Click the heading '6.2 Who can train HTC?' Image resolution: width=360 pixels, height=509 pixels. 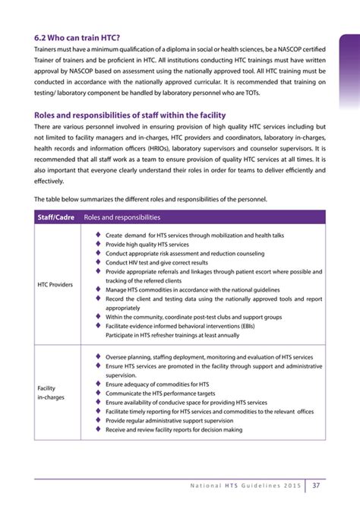pyautogui.click(x=77, y=36)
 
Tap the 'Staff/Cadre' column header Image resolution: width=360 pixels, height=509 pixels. pyautogui.click(x=56, y=217)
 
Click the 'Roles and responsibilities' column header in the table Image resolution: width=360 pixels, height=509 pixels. pyautogui.click(x=122, y=217)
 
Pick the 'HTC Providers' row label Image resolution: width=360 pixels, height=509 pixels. pyautogui.click(x=55, y=285)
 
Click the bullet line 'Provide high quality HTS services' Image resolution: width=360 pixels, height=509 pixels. pyautogui.click(x=147, y=245)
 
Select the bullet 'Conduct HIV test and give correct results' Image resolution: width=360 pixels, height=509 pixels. pyautogui.click(x=156, y=263)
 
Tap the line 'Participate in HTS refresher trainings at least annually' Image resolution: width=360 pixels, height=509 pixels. pyautogui.click(x=172, y=335)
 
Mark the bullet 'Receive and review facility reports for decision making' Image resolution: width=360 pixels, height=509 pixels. pyautogui.click(x=174, y=429)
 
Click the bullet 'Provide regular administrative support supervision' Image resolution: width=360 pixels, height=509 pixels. pyautogui.click(x=169, y=420)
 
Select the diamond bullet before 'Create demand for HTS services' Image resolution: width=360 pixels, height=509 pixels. pyautogui.click(x=98, y=236)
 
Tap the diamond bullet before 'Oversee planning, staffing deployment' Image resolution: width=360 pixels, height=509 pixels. pyautogui.click(x=98, y=356)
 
